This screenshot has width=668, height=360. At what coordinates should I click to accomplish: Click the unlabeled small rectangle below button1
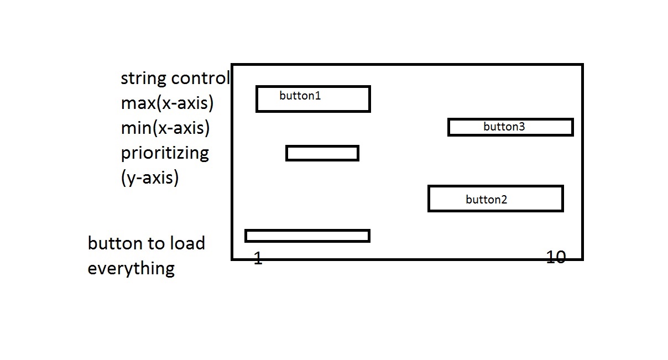click(322, 153)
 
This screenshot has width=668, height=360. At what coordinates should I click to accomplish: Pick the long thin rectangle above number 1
click(307, 236)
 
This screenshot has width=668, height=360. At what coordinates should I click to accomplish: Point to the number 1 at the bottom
click(258, 258)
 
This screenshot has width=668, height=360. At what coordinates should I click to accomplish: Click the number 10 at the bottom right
click(556, 257)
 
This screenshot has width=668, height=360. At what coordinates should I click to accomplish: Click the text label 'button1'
click(300, 96)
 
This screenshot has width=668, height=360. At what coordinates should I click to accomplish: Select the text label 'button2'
click(486, 200)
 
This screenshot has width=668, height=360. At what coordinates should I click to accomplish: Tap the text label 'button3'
click(504, 127)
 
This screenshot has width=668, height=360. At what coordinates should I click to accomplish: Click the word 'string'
click(143, 79)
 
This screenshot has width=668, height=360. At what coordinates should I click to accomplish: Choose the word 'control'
click(200, 78)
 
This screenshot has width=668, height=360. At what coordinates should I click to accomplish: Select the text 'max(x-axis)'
click(167, 103)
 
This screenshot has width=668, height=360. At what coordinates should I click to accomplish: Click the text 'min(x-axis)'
click(165, 128)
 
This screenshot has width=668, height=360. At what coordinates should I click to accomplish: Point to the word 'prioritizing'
click(165, 153)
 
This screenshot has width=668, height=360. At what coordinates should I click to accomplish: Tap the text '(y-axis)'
click(149, 178)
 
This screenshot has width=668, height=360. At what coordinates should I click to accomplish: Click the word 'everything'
click(131, 268)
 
